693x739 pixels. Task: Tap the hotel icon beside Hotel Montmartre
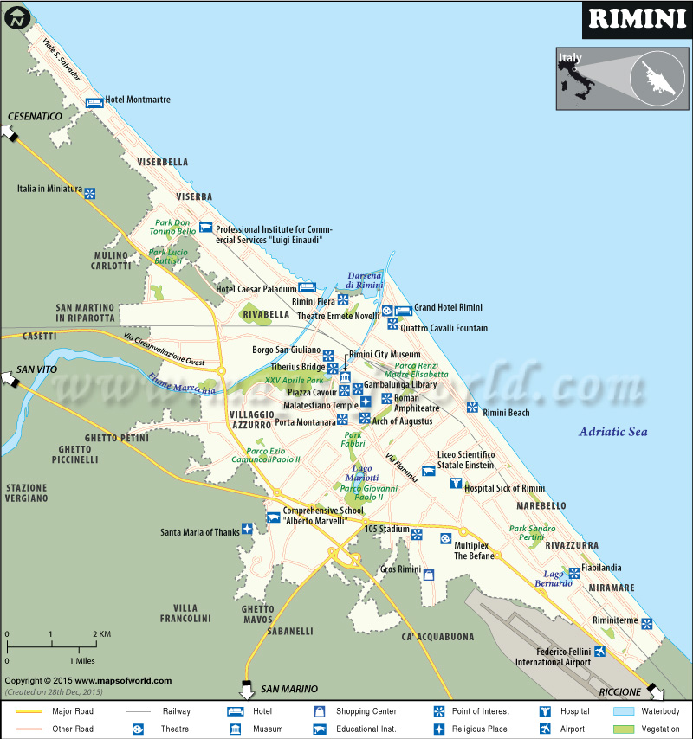click(x=93, y=101)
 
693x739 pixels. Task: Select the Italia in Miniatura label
click(x=49, y=189)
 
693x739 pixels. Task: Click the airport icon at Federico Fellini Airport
click(x=599, y=651)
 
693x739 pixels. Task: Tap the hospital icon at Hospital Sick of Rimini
click(x=456, y=483)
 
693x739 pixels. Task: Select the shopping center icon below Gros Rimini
click(x=428, y=575)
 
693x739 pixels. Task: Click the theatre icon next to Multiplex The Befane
click(x=445, y=538)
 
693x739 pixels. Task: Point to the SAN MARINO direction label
click(x=289, y=689)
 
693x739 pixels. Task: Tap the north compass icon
click(x=16, y=16)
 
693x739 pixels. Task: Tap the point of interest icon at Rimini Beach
click(x=472, y=407)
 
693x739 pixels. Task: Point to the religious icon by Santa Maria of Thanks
click(x=247, y=529)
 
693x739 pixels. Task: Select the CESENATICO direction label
click(x=36, y=116)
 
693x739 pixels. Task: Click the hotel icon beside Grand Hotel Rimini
click(x=403, y=310)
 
